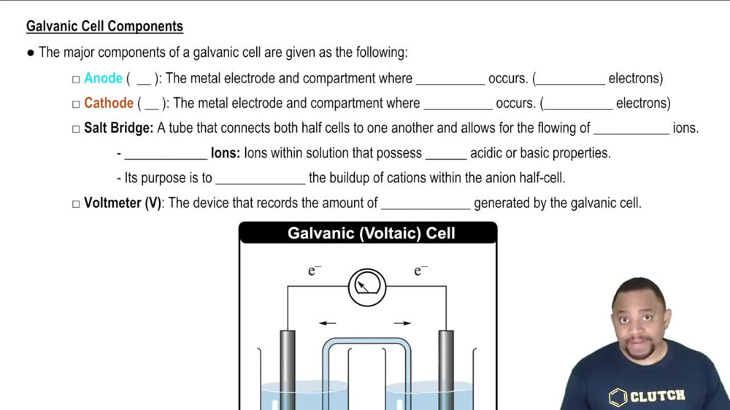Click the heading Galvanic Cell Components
[104, 27]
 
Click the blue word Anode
[103, 79]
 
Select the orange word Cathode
[108, 104]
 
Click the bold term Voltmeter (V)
[122, 203]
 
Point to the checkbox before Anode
[76, 80]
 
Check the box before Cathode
[76, 104]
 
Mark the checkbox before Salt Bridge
[76, 129]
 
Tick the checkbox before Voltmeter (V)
[76, 204]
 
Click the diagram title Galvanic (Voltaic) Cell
[371, 233]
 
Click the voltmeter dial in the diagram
[366, 287]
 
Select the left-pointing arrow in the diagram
[327, 322]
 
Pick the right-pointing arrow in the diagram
[402, 322]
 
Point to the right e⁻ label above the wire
[420, 271]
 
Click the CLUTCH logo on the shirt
[648, 396]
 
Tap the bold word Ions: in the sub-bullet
[226, 153]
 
